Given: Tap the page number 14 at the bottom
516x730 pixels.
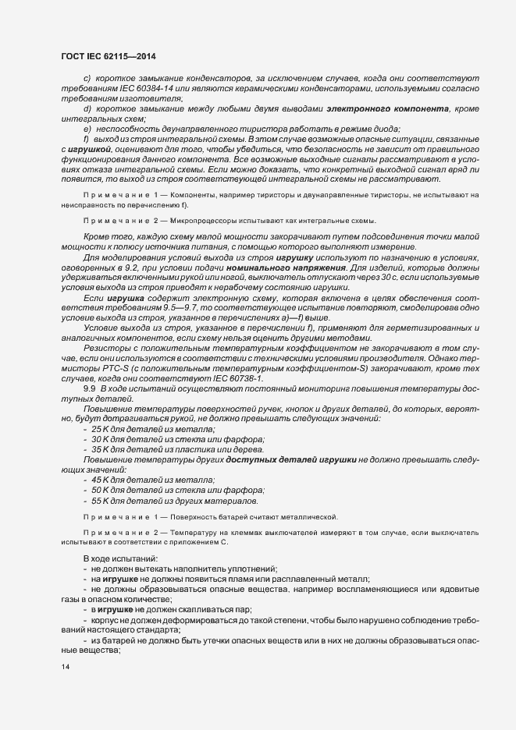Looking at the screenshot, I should [x=65, y=668].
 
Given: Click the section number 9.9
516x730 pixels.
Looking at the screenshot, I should [x=88, y=388].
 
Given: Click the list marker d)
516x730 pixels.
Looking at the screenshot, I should [x=87, y=108].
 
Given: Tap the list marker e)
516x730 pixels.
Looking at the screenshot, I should [x=87, y=129].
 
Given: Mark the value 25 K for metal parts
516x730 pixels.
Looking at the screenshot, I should [x=101, y=429].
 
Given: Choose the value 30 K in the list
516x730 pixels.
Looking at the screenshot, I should [x=101, y=439].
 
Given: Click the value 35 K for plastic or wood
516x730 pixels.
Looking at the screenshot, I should [x=101, y=449].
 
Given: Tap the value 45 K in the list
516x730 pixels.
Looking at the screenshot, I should [x=101, y=480].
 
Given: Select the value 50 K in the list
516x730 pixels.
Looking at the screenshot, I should [x=101, y=490].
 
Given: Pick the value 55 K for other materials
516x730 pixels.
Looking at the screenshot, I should [x=101, y=500].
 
